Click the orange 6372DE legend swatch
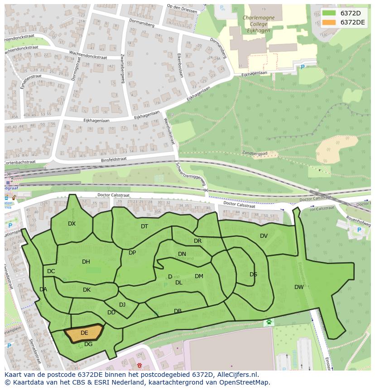(x=329, y=22)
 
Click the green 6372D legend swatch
(x=329, y=13)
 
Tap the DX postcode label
(x=72, y=224)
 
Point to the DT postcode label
(x=144, y=226)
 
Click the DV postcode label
(x=264, y=236)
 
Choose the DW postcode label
(x=299, y=287)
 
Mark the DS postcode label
(x=253, y=274)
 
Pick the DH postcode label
(x=86, y=262)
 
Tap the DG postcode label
(x=88, y=344)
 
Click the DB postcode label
(x=178, y=311)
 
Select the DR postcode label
(x=197, y=241)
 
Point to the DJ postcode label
(x=122, y=305)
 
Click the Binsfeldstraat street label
(x=113, y=159)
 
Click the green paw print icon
(x=269, y=322)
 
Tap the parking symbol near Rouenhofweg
(x=359, y=230)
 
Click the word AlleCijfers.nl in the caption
(x=238, y=375)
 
